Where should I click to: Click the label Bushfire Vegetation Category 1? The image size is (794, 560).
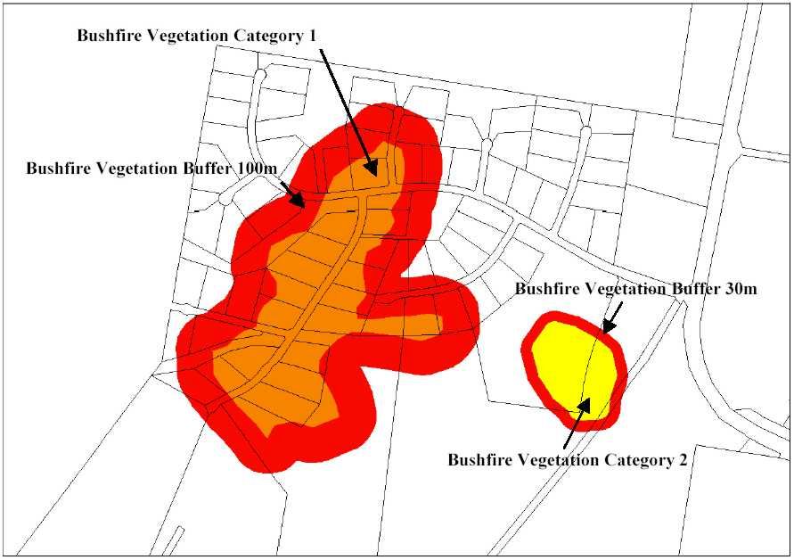(x=198, y=36)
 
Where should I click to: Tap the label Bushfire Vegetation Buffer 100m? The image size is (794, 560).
(x=150, y=168)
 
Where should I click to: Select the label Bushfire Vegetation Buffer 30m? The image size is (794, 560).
(x=636, y=289)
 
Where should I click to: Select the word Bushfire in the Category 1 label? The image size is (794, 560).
(x=107, y=36)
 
